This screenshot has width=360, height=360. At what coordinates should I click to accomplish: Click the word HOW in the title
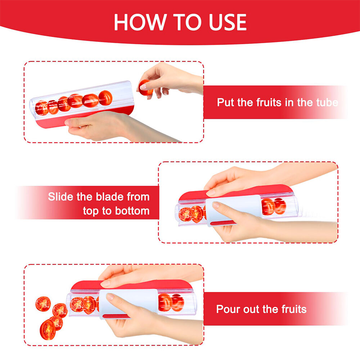point(140,22)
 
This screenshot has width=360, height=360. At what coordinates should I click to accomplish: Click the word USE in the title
point(228,22)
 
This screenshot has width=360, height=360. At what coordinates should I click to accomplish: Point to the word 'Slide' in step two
point(60,197)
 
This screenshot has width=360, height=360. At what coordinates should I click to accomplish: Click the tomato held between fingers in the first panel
point(145,87)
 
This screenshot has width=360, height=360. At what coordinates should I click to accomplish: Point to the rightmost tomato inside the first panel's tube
point(105,98)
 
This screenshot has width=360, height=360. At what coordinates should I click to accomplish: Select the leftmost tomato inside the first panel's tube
point(42,108)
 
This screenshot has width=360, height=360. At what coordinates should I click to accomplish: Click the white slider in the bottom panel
point(129,303)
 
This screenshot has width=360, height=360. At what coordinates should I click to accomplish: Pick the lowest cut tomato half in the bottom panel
point(48,330)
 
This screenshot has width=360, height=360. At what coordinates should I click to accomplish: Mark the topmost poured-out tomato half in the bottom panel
point(43,304)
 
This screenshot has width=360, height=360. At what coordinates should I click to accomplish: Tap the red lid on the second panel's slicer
point(237,192)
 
